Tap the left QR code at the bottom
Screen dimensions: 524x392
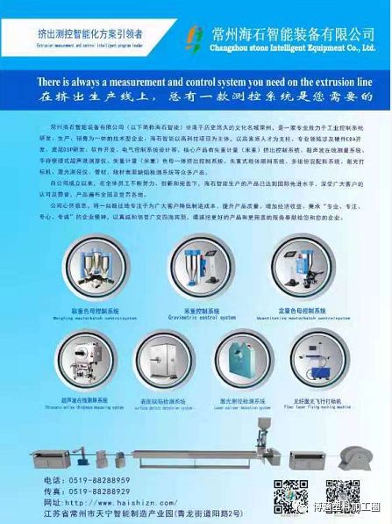[289, 495]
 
